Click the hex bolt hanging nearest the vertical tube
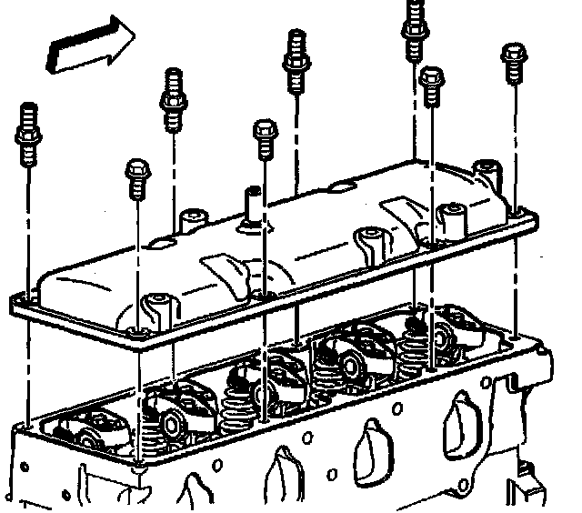pos(265,136)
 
